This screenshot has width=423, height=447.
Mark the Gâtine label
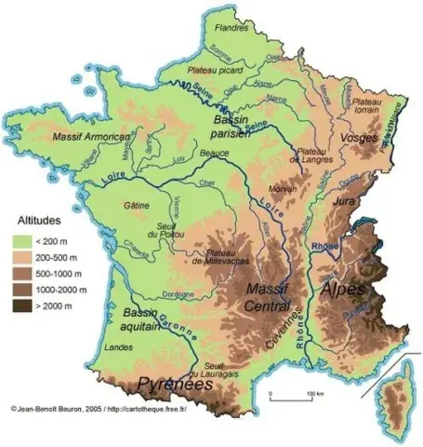135,205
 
